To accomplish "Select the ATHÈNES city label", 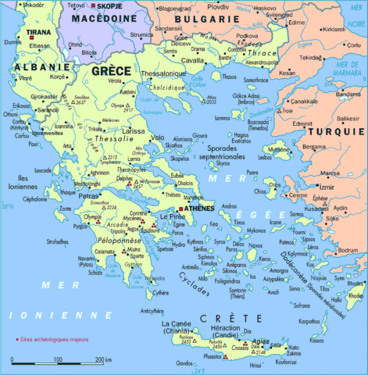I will (x=198, y=209).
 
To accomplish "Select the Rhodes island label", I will (x=355, y=295).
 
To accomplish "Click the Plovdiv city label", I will (x=218, y=6).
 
